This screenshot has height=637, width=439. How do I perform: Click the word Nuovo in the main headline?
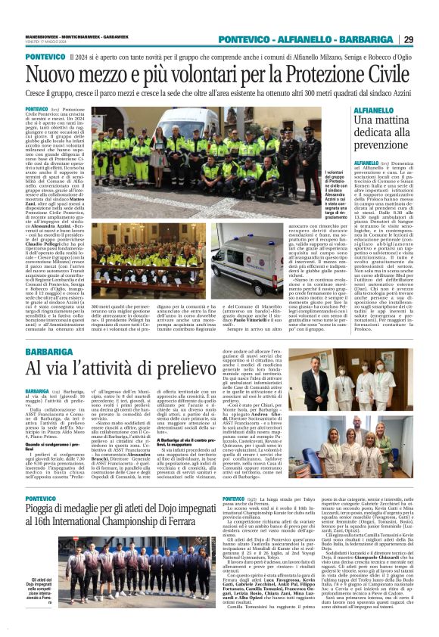click(57, 75)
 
